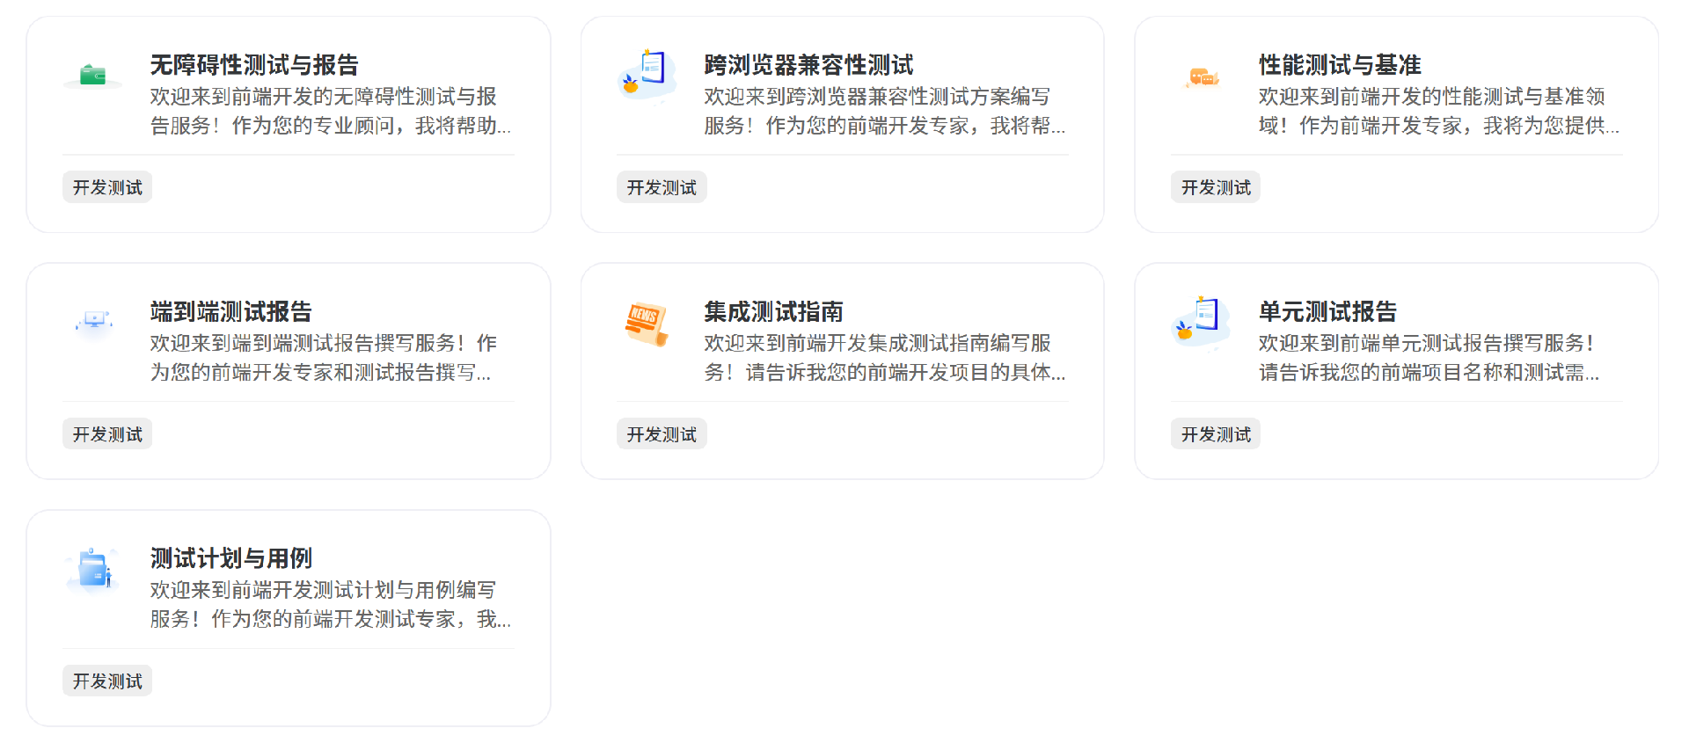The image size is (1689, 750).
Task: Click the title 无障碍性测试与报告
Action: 254,65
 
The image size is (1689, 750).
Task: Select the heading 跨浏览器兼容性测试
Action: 808,65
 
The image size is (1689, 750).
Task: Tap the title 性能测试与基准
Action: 1339,65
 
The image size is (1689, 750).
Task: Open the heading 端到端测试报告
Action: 230,312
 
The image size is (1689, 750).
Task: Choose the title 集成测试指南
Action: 773,312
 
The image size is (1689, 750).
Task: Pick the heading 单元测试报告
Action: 1327,312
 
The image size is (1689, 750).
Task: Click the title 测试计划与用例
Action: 230,559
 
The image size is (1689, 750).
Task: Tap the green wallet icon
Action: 93,76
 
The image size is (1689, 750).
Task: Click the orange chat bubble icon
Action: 1202,77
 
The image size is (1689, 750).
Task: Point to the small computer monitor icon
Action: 94,320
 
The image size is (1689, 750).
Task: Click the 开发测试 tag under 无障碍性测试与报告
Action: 107,187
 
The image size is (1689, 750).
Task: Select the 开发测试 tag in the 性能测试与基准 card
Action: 1215,187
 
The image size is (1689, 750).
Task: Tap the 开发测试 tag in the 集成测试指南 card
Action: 661,434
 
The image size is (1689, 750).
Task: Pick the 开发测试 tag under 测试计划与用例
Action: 107,681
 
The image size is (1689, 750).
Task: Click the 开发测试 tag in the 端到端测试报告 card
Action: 107,434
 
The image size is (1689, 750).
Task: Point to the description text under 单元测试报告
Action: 1429,358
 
